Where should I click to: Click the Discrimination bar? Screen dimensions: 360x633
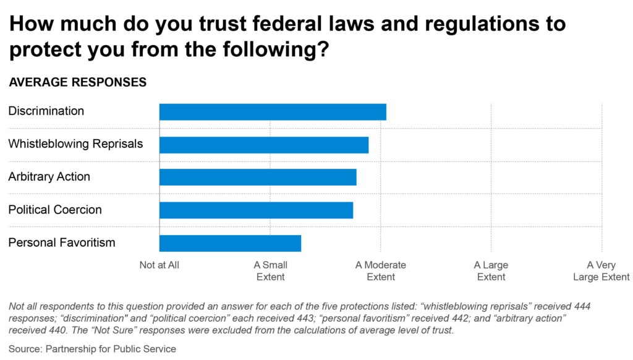(x=273, y=112)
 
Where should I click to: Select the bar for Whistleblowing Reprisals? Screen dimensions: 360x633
(x=264, y=145)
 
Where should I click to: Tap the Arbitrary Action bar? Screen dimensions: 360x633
(x=258, y=177)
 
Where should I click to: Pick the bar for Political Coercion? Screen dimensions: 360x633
(x=256, y=210)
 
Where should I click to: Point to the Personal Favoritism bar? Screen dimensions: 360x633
(x=230, y=243)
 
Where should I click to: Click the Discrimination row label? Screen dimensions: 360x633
(x=46, y=111)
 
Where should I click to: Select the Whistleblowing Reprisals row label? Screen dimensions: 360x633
(x=75, y=144)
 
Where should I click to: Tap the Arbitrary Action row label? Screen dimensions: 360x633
(x=49, y=177)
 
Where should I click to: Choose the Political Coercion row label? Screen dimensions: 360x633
(x=55, y=210)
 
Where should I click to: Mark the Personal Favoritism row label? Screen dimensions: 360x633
(x=62, y=242)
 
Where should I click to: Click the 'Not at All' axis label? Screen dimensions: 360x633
(x=159, y=265)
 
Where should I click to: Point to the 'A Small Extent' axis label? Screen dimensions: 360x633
(x=271, y=271)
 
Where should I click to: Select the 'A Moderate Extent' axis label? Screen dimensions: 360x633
(x=381, y=271)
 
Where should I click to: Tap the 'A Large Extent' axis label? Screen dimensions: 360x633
(x=491, y=271)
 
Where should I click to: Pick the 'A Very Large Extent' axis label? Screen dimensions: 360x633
(x=601, y=271)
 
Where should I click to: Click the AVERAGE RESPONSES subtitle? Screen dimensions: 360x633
(x=77, y=82)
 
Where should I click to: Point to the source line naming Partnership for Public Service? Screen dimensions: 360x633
(x=92, y=349)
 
